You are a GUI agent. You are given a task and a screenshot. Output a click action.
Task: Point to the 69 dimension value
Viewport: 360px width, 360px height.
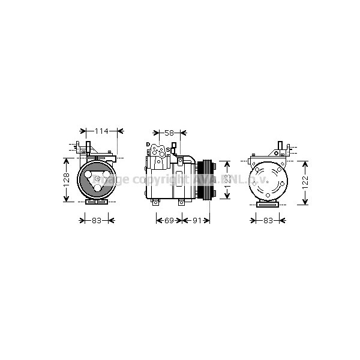[169, 221]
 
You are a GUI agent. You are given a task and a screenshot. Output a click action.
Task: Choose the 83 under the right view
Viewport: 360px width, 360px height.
[268, 221]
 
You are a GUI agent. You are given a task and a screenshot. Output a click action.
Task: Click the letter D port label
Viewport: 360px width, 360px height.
[148, 145]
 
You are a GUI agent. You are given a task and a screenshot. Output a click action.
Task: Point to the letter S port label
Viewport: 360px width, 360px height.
[167, 149]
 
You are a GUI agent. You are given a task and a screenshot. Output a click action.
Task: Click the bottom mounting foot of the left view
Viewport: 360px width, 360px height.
[97, 202]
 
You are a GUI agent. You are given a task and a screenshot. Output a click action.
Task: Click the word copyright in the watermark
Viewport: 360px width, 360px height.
[155, 179]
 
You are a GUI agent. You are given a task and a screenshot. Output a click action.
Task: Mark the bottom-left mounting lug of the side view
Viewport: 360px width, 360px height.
[155, 202]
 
